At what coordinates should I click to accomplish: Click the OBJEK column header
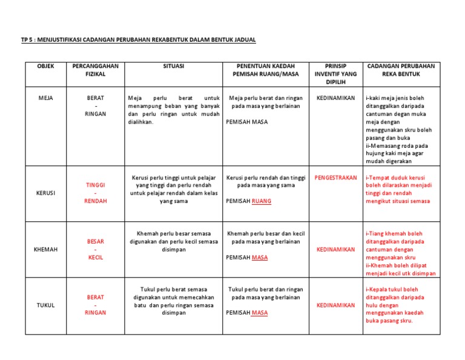pos(45,65)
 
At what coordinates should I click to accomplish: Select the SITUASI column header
pos(174,65)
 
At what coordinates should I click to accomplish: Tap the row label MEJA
pos(45,98)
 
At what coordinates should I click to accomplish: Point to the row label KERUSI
pos(45,193)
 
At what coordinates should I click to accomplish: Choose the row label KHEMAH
pos(45,249)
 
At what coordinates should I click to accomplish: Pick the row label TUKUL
pos(45,305)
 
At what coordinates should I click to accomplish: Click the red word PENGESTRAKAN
pos(335,178)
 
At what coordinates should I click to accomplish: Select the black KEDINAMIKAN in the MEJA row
pos(335,98)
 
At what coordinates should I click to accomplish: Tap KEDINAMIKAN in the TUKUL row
pos(335,305)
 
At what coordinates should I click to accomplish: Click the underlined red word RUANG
pos(262,201)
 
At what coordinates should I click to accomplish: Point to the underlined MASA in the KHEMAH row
pos(259,257)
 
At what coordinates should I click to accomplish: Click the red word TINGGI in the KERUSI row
pos(95,185)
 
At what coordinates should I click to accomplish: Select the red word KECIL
pos(95,257)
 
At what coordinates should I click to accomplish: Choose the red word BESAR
pos(95,241)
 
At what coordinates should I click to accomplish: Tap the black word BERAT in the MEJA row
pos(95,98)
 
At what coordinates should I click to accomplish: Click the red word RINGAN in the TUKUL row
pos(95,313)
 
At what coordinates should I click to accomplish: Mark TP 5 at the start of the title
pos(27,40)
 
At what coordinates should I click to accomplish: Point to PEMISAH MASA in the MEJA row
pos(247,121)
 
